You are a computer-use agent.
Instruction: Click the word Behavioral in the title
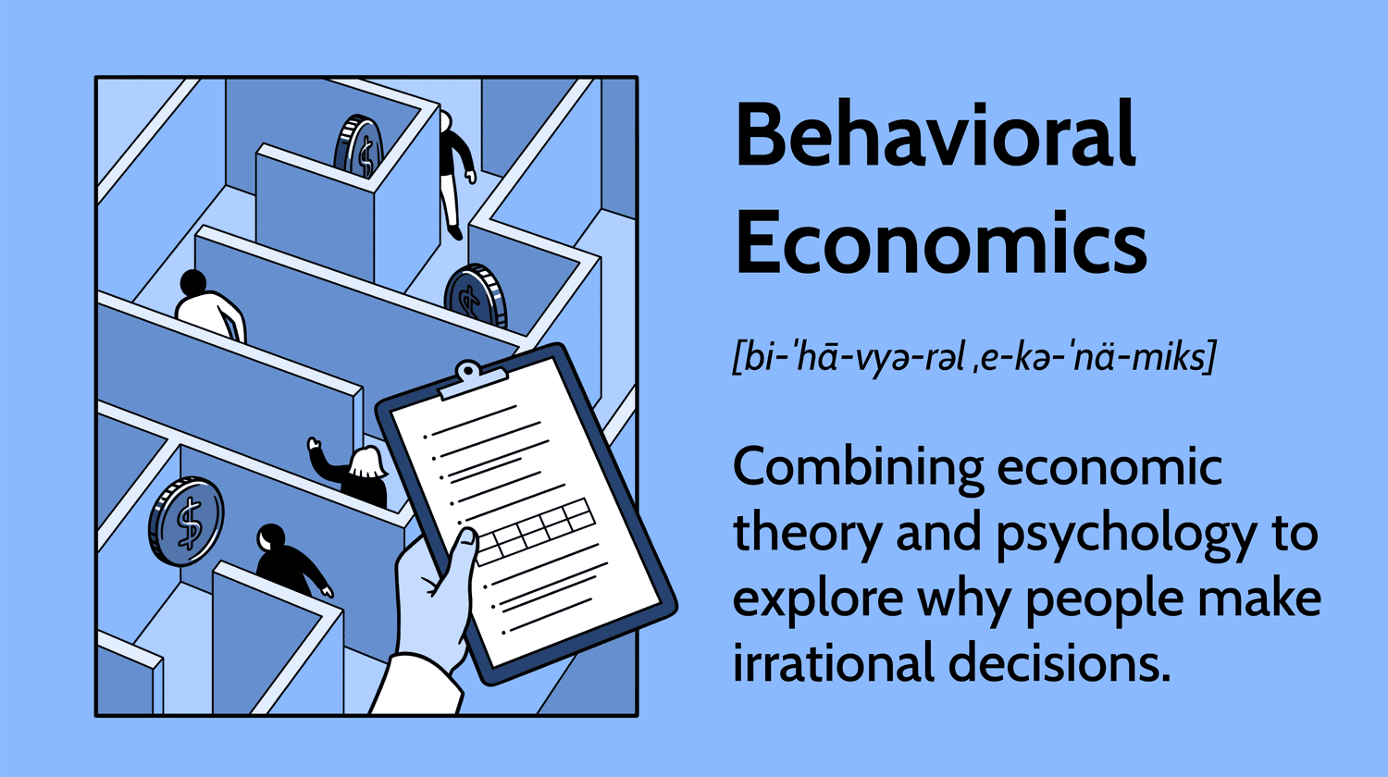tap(935, 137)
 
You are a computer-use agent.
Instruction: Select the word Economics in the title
tap(940, 243)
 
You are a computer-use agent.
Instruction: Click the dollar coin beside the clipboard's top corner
tap(476, 296)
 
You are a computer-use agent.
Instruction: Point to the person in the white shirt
tap(209, 306)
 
